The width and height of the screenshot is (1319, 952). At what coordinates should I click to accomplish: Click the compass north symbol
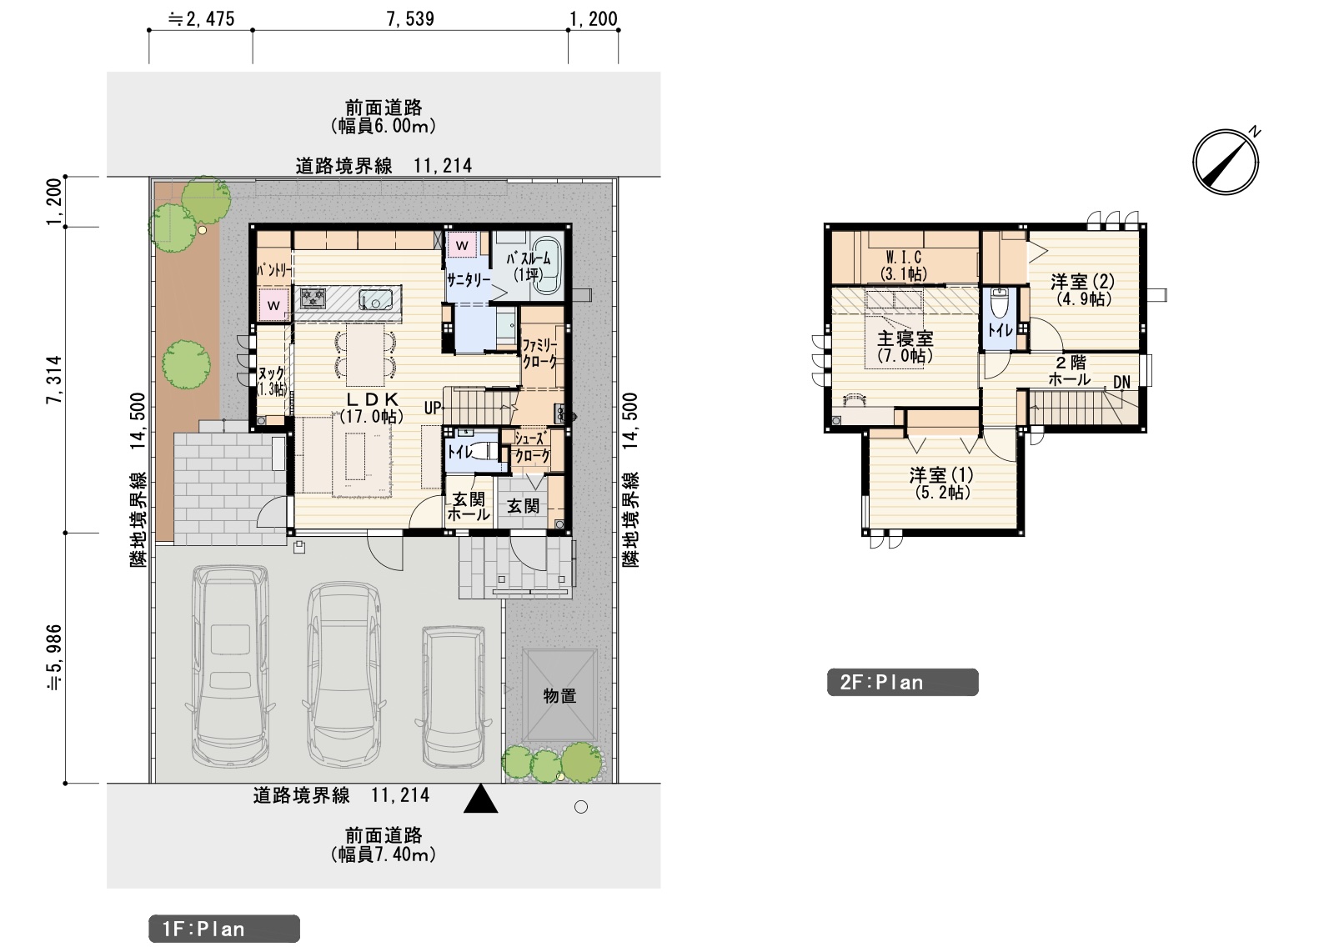tap(1226, 162)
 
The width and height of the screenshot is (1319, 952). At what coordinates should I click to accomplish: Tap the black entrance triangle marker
tap(480, 799)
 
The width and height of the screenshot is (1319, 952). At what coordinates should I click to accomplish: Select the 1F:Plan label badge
tap(224, 929)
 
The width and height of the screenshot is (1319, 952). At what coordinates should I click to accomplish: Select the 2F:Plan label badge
tap(903, 682)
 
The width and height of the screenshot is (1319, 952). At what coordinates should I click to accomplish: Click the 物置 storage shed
tap(559, 695)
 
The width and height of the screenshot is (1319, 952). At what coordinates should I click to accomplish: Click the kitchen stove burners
tap(312, 298)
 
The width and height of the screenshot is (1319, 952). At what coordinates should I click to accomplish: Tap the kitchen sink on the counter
tap(376, 299)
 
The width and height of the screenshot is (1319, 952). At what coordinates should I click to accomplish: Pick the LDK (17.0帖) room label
tap(372, 408)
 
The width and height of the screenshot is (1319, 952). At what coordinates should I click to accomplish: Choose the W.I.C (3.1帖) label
tap(904, 266)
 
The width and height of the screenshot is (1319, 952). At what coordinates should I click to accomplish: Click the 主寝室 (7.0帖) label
tap(905, 347)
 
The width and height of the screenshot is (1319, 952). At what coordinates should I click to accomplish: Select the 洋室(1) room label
tap(941, 483)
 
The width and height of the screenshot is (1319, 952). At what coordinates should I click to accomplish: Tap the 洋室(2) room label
tap(1083, 289)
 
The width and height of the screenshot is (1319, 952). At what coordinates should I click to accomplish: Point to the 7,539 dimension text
tap(410, 19)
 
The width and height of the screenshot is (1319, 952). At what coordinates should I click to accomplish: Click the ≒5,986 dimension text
tap(55, 657)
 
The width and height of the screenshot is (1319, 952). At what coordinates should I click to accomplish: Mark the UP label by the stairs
tap(433, 408)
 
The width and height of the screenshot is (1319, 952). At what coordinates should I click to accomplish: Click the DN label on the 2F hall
tap(1121, 382)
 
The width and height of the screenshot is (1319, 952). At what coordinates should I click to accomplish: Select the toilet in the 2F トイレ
tap(1000, 303)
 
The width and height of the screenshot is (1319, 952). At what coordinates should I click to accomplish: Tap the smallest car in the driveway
tap(454, 696)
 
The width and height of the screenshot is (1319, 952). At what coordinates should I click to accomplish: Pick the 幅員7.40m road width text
tap(384, 854)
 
